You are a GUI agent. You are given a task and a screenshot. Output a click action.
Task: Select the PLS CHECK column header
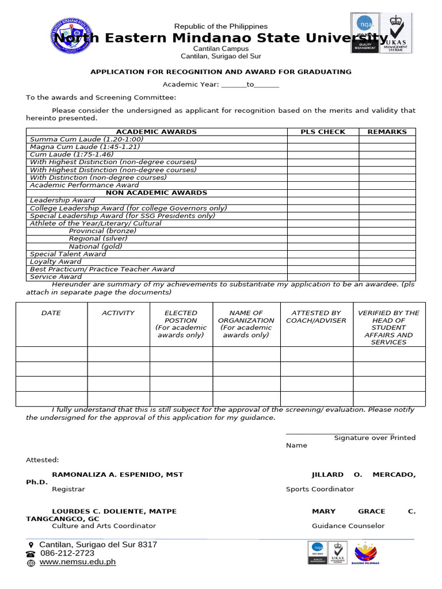click(x=323, y=132)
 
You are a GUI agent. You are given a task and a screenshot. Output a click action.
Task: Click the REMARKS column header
click(x=387, y=132)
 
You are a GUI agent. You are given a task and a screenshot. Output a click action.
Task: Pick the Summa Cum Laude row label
click(x=86, y=139)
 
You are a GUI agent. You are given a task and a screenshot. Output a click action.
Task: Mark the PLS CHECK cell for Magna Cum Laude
click(x=323, y=147)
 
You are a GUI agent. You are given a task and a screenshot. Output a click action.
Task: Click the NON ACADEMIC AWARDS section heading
click(x=157, y=193)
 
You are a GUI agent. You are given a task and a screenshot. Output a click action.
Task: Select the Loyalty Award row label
click(x=56, y=262)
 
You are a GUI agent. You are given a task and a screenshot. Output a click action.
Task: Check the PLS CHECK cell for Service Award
click(x=323, y=277)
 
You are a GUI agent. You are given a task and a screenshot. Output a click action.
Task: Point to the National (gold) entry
click(x=96, y=246)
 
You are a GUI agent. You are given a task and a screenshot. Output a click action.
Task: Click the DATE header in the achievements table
click(x=51, y=313)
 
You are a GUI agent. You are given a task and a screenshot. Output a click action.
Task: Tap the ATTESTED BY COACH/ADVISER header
click(x=316, y=316)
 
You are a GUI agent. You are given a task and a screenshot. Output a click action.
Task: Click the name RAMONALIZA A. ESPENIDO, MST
click(x=117, y=475)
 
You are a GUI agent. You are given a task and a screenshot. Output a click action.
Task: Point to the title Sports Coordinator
click(x=320, y=489)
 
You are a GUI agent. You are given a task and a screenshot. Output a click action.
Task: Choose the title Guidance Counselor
click(x=348, y=526)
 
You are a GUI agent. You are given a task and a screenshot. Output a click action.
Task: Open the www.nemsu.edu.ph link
click(x=78, y=562)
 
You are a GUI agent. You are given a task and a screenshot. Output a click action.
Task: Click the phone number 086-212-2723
click(x=67, y=553)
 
